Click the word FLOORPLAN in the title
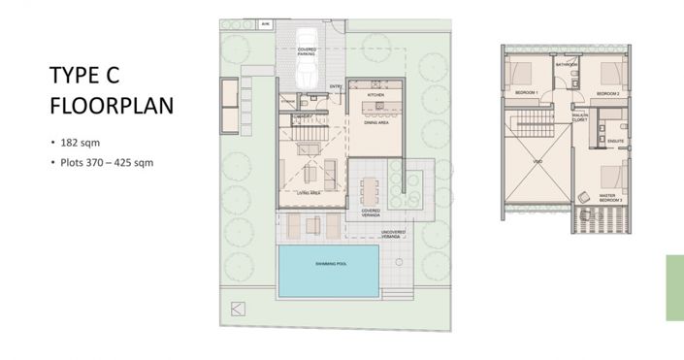tap(112, 106)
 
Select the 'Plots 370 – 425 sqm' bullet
tap(105, 162)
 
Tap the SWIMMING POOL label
tap(329, 264)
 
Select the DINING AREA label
tap(376, 122)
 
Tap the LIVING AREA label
tap(309, 193)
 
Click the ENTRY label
tap(336, 86)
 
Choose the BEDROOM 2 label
tap(607, 93)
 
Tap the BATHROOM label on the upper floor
tap(566, 65)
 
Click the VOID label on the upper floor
tap(537, 163)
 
